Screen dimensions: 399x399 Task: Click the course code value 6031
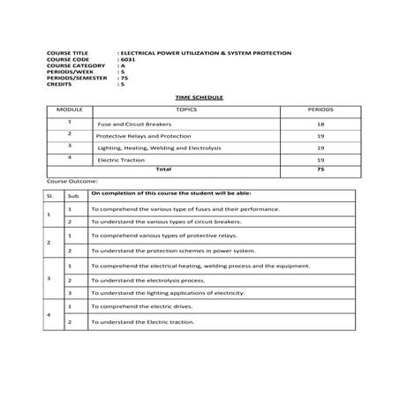pos(128,59)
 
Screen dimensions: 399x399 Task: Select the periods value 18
pos(320,124)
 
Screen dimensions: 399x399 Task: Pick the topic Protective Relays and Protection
pos(142,137)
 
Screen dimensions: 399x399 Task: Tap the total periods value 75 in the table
pos(320,169)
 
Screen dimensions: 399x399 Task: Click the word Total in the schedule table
pos(163,169)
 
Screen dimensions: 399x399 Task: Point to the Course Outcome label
pos(69,179)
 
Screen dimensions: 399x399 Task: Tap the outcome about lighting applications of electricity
pos(168,292)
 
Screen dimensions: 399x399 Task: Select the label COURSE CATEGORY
pos(74,65)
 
